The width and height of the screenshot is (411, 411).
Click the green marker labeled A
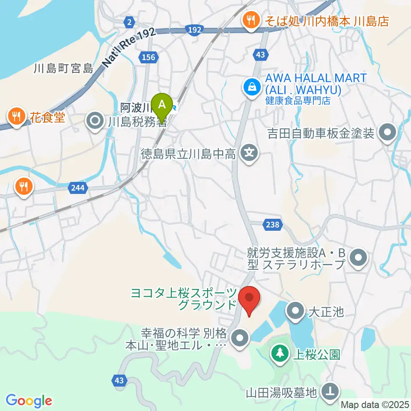[162, 104]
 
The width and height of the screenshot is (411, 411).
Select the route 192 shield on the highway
[194, 29]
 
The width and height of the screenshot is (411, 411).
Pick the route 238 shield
[271, 224]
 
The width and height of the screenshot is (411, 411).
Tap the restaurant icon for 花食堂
[16, 117]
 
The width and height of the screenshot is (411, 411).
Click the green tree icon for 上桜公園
[280, 353]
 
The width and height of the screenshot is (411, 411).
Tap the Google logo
[29, 401]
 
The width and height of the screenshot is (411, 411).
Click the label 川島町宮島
[64, 68]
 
